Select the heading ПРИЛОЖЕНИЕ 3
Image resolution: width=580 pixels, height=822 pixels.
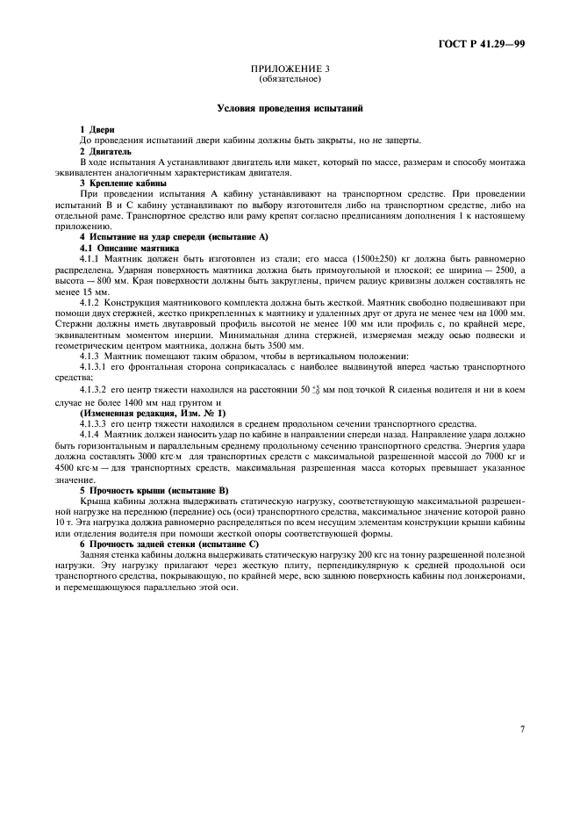[289, 68]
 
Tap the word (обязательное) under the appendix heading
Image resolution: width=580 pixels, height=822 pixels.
[290, 78]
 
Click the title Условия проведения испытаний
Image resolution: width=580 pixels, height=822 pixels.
[290, 108]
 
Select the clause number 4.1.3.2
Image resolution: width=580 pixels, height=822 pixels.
[97, 388]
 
